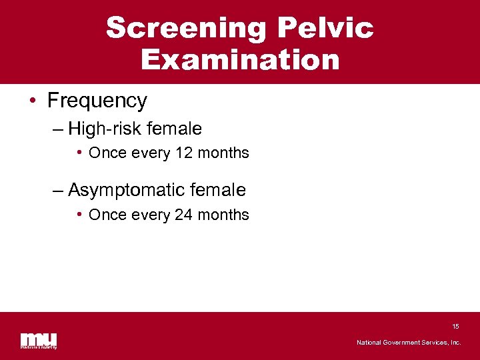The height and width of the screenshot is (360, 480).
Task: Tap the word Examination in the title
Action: coord(240,59)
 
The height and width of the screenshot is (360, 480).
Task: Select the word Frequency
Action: coord(97,101)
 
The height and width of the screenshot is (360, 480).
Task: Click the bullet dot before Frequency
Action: coord(32,101)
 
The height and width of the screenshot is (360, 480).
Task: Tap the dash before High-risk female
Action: coord(59,129)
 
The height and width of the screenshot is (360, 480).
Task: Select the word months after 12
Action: coord(223,153)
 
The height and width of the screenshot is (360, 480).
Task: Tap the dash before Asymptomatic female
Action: coord(59,191)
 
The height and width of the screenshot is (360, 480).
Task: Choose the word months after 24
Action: coord(223,215)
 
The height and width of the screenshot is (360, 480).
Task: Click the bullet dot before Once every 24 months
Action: coord(79,215)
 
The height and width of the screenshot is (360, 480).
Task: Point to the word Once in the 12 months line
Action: coord(105,153)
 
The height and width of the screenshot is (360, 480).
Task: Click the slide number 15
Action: coord(455,327)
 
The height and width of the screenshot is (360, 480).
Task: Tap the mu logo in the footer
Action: coord(39,340)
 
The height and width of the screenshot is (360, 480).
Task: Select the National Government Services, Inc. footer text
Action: coord(409,343)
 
